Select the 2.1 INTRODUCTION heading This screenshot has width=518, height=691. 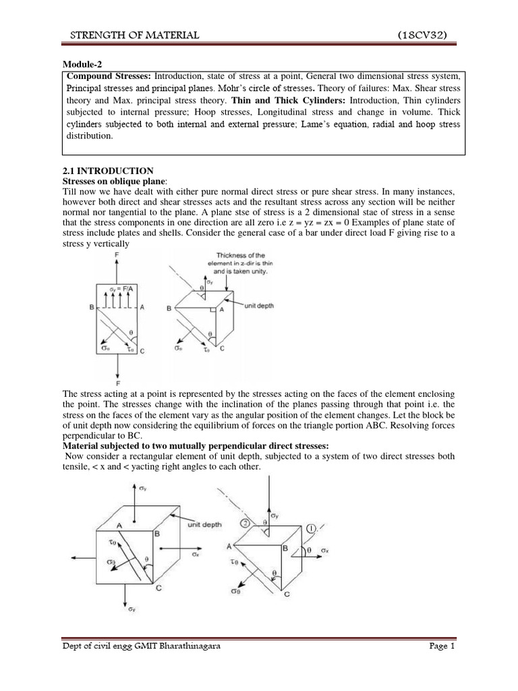coord(108,171)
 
